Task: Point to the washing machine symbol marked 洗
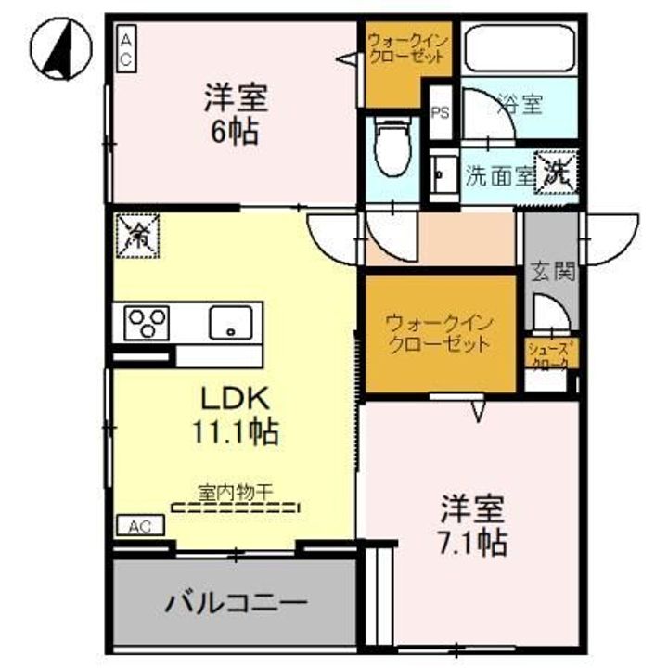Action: pos(556,171)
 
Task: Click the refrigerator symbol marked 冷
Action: pos(136,235)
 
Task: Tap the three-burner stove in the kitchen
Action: pos(148,324)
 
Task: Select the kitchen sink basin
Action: pos(231,323)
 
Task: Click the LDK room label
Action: pos(236,399)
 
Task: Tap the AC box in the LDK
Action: pos(139,526)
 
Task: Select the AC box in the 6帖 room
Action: pos(126,46)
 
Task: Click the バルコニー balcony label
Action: pos(236,604)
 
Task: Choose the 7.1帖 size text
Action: pos(472,543)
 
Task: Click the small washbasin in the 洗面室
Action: pos(439,175)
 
